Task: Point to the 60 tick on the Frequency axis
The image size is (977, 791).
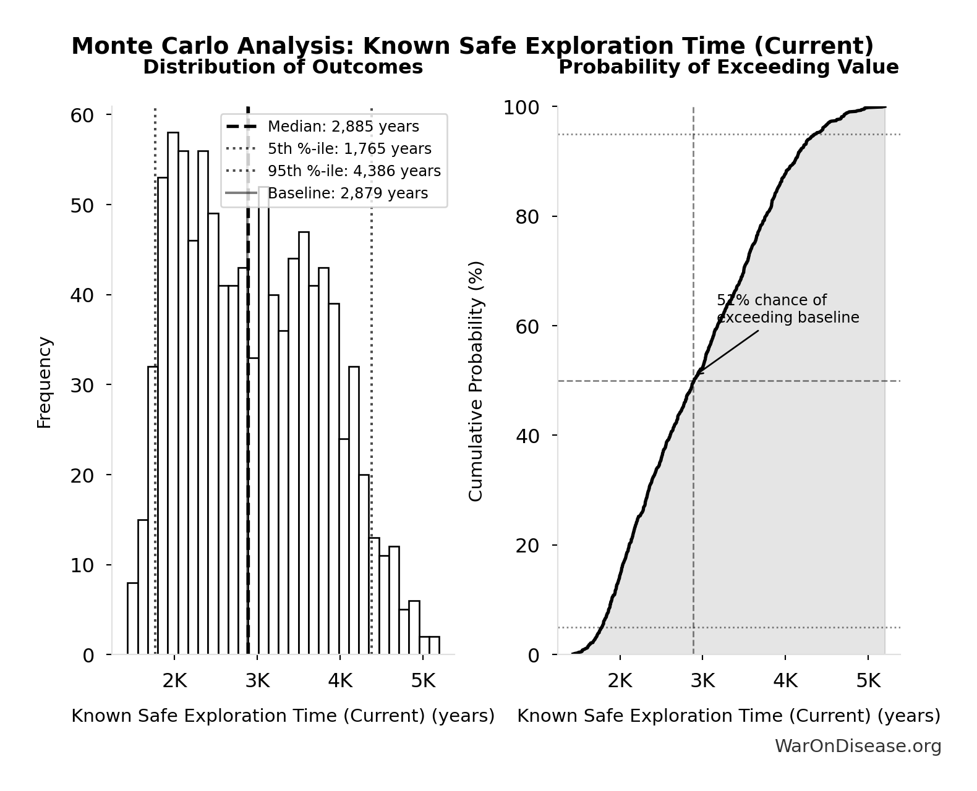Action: point(82,116)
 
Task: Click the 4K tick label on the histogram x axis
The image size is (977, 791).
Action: point(339,681)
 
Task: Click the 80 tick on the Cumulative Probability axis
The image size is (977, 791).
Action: point(527,217)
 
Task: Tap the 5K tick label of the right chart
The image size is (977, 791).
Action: point(868,681)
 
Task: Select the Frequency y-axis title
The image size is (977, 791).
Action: point(45,382)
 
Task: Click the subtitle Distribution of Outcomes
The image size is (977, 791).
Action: point(283,67)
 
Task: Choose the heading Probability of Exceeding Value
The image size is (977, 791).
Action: point(728,67)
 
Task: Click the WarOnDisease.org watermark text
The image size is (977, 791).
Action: point(858,747)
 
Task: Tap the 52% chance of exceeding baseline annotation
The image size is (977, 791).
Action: point(787,309)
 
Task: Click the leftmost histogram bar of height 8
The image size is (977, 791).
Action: point(132,618)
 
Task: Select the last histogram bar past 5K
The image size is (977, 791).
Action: point(434,645)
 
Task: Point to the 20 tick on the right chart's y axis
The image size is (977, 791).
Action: point(527,546)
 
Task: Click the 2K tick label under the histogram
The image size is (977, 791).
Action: point(174,681)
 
